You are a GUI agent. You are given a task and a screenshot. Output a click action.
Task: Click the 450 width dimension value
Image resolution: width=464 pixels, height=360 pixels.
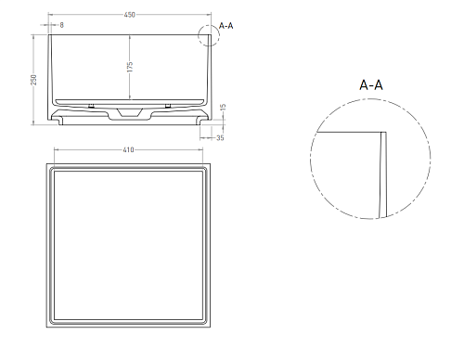pos(129,15)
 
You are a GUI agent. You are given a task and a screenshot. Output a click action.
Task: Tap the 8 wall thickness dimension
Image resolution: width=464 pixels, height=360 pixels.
pos(61,25)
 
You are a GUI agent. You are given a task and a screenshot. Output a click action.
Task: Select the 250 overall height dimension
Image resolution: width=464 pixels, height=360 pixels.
pos(33,80)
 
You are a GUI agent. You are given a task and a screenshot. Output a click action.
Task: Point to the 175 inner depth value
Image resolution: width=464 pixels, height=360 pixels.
pos(130,67)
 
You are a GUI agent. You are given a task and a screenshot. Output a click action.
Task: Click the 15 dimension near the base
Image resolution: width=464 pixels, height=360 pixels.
pos(224,107)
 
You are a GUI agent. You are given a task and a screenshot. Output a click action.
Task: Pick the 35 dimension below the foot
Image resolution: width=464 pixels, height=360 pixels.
pos(220,137)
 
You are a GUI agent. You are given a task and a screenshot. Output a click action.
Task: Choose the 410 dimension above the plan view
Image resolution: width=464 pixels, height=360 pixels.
pos(128,149)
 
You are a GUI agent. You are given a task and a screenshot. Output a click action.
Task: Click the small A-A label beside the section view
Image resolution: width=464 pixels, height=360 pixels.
pos(226,26)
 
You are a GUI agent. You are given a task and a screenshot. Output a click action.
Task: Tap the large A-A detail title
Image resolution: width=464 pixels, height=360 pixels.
pos(371,84)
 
